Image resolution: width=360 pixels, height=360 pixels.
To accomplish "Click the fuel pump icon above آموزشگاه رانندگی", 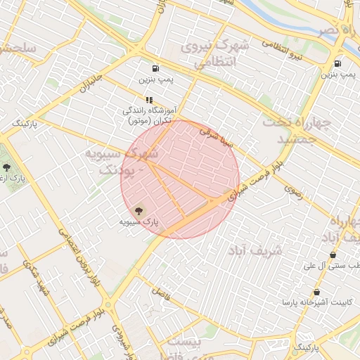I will click(155, 69).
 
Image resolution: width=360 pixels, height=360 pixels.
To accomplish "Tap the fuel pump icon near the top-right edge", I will click(338, 62).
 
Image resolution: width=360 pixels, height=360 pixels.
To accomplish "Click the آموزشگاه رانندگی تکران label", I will click(148, 116).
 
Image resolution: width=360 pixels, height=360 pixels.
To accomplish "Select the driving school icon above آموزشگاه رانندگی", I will click(148, 100).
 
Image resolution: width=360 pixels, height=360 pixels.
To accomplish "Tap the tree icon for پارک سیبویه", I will click(138, 210).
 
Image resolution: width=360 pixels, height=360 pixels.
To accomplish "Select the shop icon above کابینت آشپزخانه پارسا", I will click(317, 292).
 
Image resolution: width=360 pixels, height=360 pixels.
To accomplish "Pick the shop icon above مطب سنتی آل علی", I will click(333, 255).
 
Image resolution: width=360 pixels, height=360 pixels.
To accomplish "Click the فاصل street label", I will click(162, 293).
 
